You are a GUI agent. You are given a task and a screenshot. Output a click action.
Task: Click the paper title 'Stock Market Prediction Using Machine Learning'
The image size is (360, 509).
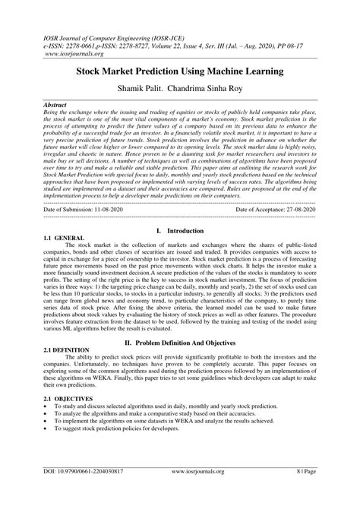[179, 71]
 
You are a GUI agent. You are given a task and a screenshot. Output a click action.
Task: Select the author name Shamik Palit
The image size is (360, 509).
[142, 88]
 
